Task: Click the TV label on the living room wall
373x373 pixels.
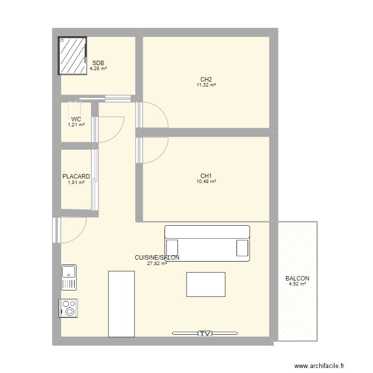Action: coord(205,334)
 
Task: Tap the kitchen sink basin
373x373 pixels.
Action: coord(69,272)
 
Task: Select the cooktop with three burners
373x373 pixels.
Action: coord(68,308)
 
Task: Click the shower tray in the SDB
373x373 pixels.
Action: coord(73,56)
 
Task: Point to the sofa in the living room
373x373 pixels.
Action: coord(207,243)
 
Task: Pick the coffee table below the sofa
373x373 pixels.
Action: coord(206,284)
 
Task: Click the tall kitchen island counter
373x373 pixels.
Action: coord(121,304)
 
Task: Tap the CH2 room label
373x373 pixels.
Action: coord(206,79)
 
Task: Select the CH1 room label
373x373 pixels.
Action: coord(206,176)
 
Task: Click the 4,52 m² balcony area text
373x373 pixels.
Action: coord(297,284)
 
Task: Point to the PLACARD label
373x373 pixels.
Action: coord(76,177)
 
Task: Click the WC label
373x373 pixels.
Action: coord(76,119)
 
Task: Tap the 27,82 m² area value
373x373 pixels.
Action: coord(157,263)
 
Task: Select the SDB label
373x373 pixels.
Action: coord(98,63)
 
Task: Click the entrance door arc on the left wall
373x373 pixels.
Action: coord(79,236)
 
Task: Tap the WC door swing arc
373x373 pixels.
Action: coord(117,135)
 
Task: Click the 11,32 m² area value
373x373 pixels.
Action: coord(206,85)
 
